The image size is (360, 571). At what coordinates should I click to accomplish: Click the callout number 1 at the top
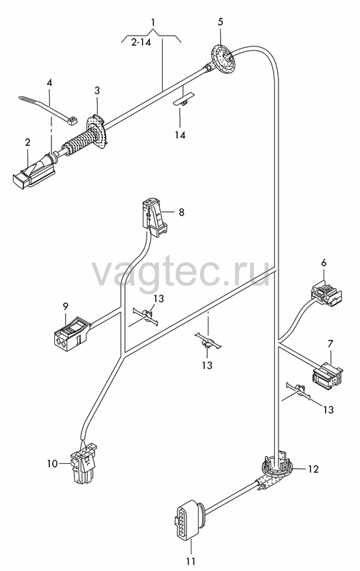click(x=154, y=22)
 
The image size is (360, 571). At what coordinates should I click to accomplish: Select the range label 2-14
click(x=141, y=43)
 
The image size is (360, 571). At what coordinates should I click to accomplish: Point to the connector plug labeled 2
click(x=35, y=170)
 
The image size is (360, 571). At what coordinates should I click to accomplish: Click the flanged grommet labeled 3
click(x=96, y=132)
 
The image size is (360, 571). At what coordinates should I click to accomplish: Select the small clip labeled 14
click(x=184, y=100)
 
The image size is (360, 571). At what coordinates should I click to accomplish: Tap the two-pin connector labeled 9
click(x=71, y=333)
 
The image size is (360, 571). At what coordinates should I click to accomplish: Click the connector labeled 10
click(x=84, y=463)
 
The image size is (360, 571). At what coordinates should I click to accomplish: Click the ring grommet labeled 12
click(x=278, y=467)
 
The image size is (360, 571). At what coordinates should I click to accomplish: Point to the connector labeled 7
click(x=327, y=375)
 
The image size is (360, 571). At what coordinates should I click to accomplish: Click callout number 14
click(x=180, y=136)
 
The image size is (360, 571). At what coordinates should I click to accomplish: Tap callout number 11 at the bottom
click(x=191, y=561)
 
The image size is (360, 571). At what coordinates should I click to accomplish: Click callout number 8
click(x=181, y=212)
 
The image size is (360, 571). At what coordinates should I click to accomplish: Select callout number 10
click(x=52, y=463)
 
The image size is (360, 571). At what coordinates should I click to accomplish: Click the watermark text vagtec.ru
click(x=181, y=273)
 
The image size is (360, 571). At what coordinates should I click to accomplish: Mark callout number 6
click(x=324, y=263)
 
